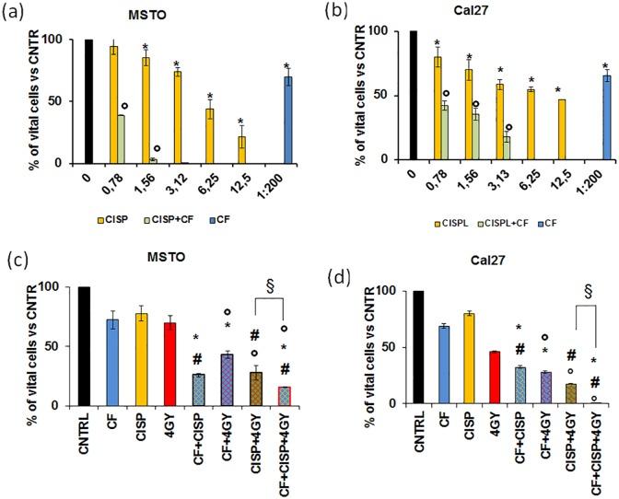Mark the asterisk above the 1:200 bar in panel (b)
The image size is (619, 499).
605,65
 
